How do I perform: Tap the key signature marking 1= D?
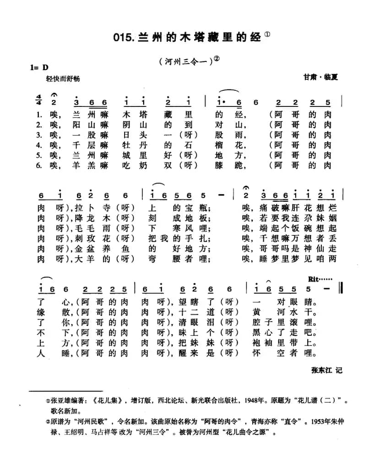(x=39, y=67)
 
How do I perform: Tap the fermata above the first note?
(x=54, y=94)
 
